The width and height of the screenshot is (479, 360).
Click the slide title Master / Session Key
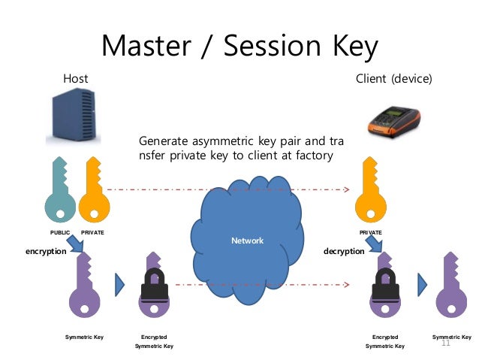[240, 46]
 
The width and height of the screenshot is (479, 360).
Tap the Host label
[75, 78]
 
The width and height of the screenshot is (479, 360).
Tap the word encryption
[47, 252]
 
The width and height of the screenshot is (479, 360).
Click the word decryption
[343, 252]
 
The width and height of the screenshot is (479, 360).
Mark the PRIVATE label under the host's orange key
[92, 233]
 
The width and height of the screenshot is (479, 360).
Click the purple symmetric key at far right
[451, 286]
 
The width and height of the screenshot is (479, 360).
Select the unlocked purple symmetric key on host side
[84, 286]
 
